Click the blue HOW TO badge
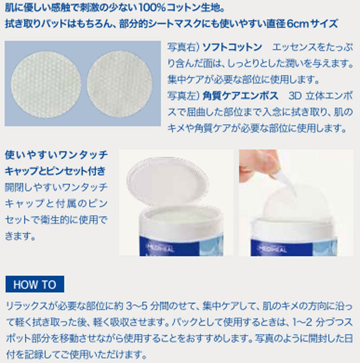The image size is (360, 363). pos(35,284)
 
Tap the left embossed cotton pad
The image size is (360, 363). pos(46,85)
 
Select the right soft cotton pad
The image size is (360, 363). pos(120,84)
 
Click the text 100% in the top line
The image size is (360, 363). pos(152,9)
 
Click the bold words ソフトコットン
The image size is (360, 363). pos(232,47)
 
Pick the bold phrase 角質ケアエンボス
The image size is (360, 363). pos(240,96)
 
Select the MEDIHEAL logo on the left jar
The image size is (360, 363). pos(161,249)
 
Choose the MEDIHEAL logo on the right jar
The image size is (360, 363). pos(273,249)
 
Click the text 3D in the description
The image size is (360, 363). pos(295,96)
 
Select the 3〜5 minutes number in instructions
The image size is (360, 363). pos(137,306)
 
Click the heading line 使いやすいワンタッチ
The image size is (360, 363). pos(56,155)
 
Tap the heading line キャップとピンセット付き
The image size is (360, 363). pos(55,171)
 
